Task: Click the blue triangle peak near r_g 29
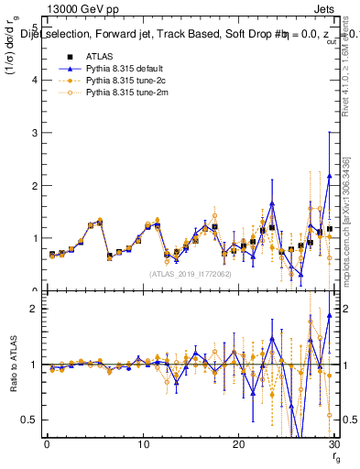coord(329,176)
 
